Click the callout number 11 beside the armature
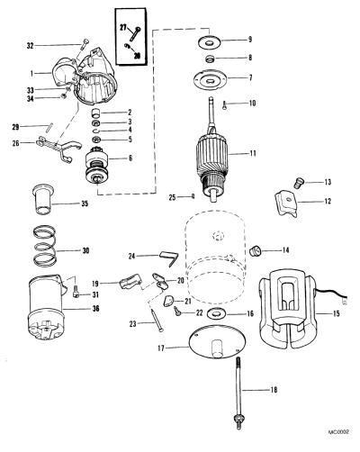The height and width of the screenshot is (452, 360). [x=253, y=153]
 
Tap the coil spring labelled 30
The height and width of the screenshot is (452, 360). [x=45, y=246]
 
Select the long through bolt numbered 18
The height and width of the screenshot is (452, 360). [x=238, y=393]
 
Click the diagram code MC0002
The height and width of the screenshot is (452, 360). [x=338, y=432]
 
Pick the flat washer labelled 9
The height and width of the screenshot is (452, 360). [x=209, y=41]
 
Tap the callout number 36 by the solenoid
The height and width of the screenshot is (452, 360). [x=95, y=308]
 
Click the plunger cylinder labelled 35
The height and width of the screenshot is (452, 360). [x=42, y=199]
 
